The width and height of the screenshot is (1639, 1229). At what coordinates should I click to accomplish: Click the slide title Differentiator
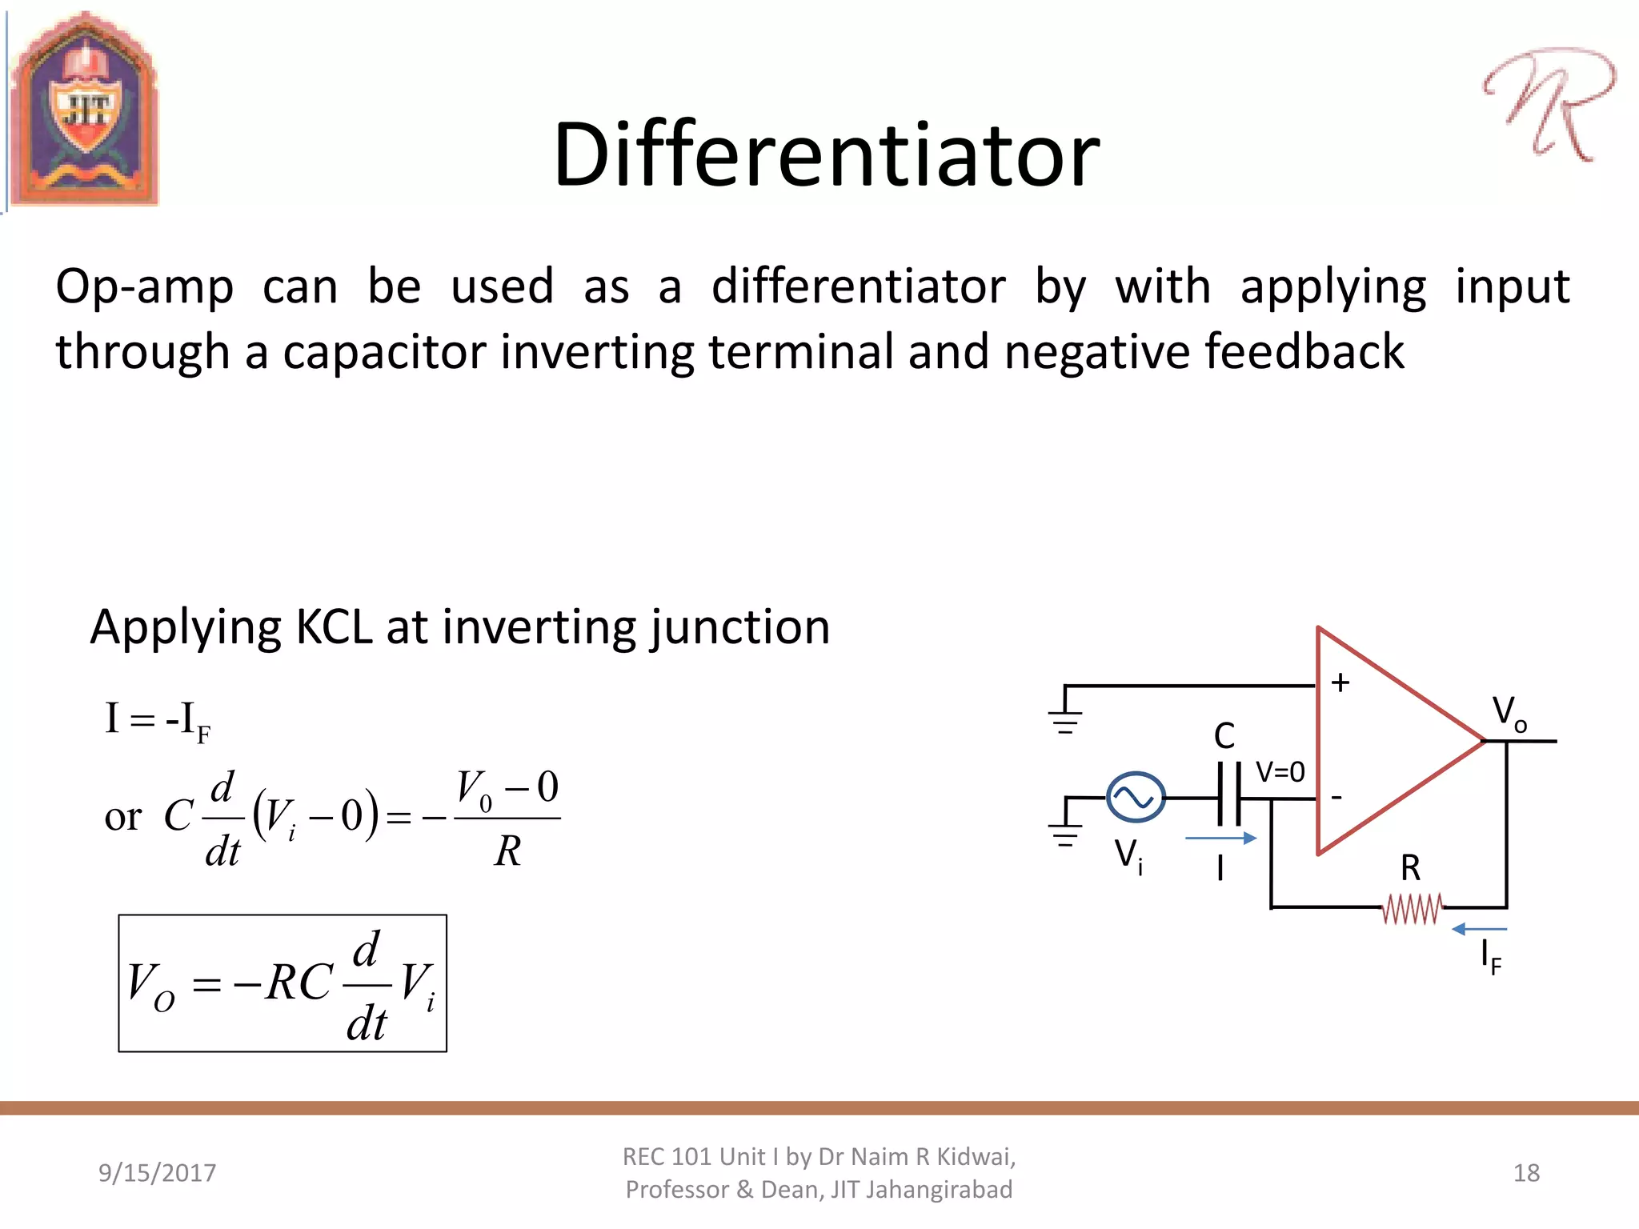click(x=826, y=154)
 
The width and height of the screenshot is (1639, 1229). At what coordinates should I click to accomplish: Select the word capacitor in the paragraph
click(x=384, y=352)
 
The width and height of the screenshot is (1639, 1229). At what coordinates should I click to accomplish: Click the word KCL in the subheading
click(x=334, y=627)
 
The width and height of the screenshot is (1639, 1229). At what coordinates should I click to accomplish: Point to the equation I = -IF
click(x=158, y=720)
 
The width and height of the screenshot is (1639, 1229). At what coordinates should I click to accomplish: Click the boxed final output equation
click(x=283, y=983)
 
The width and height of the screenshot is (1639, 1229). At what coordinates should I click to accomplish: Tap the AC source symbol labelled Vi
click(x=1135, y=797)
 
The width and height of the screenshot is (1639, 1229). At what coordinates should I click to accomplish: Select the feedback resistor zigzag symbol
click(x=1412, y=909)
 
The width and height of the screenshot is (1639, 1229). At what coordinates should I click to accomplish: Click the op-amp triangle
click(x=1385, y=741)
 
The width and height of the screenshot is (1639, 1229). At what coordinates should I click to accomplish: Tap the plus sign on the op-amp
click(x=1340, y=682)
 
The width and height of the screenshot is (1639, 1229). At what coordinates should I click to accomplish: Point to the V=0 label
click(x=1280, y=772)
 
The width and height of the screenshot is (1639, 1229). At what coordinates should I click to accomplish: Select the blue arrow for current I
click(x=1220, y=838)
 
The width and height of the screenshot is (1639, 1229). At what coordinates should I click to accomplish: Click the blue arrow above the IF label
click(x=1479, y=929)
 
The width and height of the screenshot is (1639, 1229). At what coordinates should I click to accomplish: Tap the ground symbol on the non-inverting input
click(x=1065, y=719)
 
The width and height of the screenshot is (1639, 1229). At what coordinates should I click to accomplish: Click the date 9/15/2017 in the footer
click(x=157, y=1172)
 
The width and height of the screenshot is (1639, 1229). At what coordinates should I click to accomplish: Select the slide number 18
click(x=1526, y=1172)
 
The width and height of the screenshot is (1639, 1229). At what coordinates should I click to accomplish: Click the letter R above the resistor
click(x=1410, y=868)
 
